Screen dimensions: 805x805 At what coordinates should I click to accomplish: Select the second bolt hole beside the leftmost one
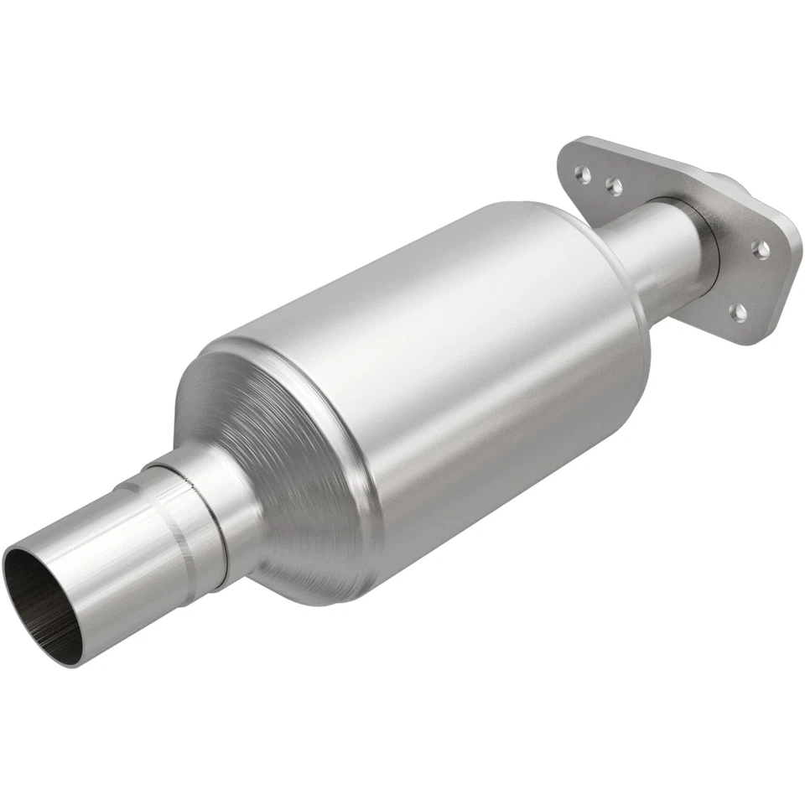click(615, 187)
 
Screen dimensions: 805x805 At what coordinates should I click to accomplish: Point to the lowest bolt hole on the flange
click(738, 313)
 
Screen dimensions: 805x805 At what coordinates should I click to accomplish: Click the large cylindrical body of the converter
click(470, 352)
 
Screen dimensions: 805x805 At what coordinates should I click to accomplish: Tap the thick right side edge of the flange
click(792, 268)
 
